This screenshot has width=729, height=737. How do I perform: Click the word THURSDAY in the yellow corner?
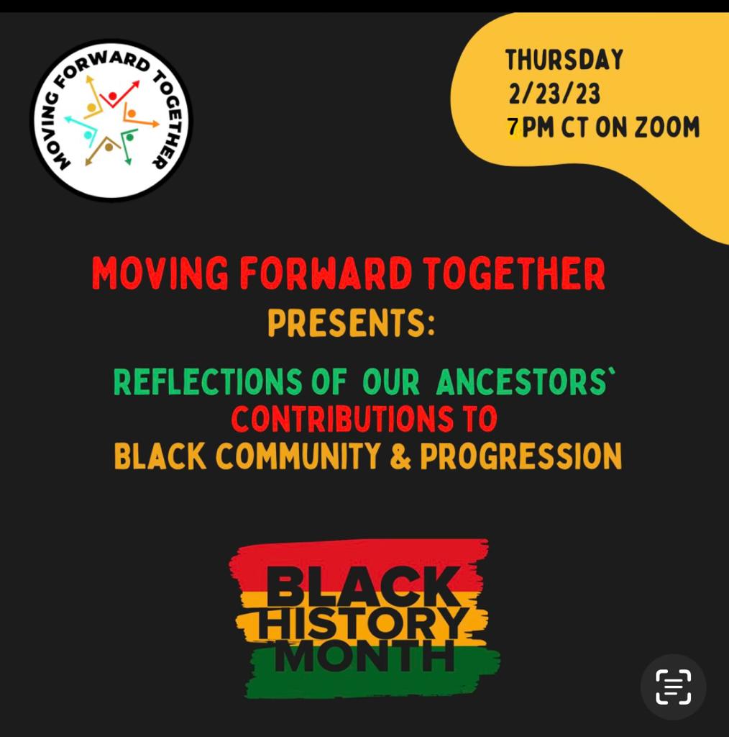point(564,60)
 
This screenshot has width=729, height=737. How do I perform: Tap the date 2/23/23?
point(554,94)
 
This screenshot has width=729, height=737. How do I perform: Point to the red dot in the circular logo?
point(113,96)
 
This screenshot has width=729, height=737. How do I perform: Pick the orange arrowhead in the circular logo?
point(155,125)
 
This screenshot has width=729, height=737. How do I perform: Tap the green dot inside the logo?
point(129,137)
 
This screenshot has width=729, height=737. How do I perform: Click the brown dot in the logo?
point(109,147)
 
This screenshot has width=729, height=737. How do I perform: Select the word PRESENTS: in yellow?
point(351,323)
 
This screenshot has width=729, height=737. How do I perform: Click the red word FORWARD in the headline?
point(326,273)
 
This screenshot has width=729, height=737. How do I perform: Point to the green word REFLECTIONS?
point(208,381)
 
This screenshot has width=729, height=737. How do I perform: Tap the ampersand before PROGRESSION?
point(400,456)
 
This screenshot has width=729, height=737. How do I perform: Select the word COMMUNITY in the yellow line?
point(298,456)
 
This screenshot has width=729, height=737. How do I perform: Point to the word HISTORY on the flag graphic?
point(363,623)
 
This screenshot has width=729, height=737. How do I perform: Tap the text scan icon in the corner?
point(673,687)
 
